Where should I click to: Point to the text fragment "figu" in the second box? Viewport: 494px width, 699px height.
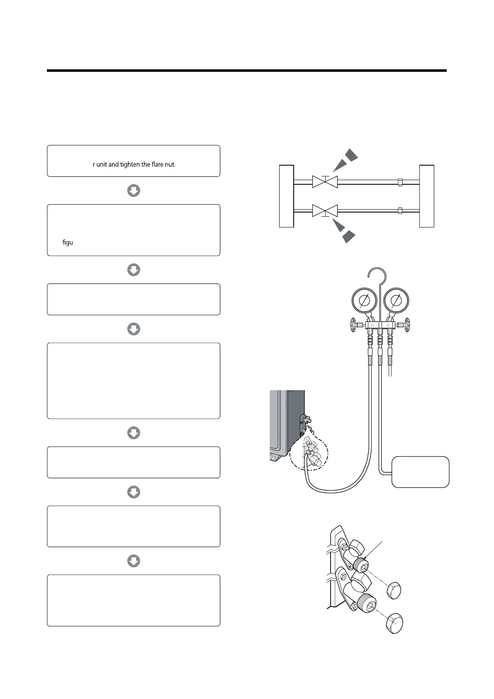coord(68,242)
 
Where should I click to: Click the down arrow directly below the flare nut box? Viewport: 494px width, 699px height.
coord(133,191)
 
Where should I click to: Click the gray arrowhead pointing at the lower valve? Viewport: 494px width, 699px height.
coord(345,232)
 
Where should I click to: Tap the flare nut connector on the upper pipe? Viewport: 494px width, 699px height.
coord(399,182)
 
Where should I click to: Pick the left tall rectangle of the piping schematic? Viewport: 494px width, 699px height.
coord(286,196)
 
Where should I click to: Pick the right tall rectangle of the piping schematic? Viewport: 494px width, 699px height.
coord(427,196)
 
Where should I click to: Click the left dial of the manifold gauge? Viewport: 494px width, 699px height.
coord(363,300)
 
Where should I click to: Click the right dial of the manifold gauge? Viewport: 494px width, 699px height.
coord(397,300)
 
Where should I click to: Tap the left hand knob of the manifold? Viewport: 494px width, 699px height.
coord(353,325)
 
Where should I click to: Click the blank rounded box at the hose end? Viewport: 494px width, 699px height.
coord(420,472)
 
